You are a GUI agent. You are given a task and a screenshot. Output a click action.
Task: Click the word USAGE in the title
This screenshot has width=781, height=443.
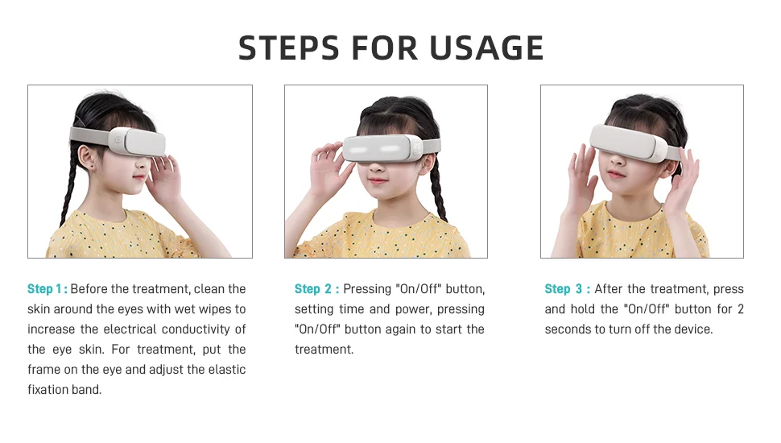(x=486, y=48)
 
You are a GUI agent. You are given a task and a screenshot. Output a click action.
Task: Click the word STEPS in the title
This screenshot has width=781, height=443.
(x=290, y=48)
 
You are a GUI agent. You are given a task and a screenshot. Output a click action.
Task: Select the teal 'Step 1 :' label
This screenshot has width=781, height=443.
(x=48, y=289)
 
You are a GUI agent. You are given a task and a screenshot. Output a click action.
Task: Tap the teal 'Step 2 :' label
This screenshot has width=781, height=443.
(x=316, y=289)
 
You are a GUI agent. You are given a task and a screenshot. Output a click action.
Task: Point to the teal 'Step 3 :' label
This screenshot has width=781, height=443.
(x=568, y=289)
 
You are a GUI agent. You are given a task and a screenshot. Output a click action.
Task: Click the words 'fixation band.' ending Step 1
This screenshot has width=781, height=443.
(x=64, y=390)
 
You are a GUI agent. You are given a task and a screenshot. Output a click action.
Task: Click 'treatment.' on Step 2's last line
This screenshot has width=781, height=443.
(x=324, y=350)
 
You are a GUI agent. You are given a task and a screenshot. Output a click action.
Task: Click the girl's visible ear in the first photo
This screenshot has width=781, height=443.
(x=87, y=158)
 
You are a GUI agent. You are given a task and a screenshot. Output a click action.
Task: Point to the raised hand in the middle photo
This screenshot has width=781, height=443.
(x=328, y=168)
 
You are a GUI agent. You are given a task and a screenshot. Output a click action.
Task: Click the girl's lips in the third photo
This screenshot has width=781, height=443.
(x=616, y=174)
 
